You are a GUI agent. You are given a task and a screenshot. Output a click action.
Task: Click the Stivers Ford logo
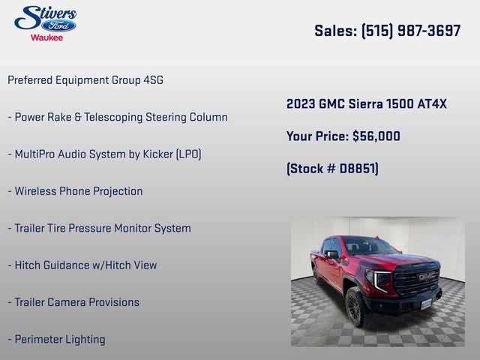(x=45, y=19)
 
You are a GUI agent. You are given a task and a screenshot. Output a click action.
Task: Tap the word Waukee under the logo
(x=46, y=37)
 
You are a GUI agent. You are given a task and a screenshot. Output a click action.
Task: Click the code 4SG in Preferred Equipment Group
(x=148, y=79)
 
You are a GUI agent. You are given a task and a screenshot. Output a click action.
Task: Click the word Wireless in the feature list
(x=37, y=191)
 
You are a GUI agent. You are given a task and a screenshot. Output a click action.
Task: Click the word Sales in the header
(x=334, y=31)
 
